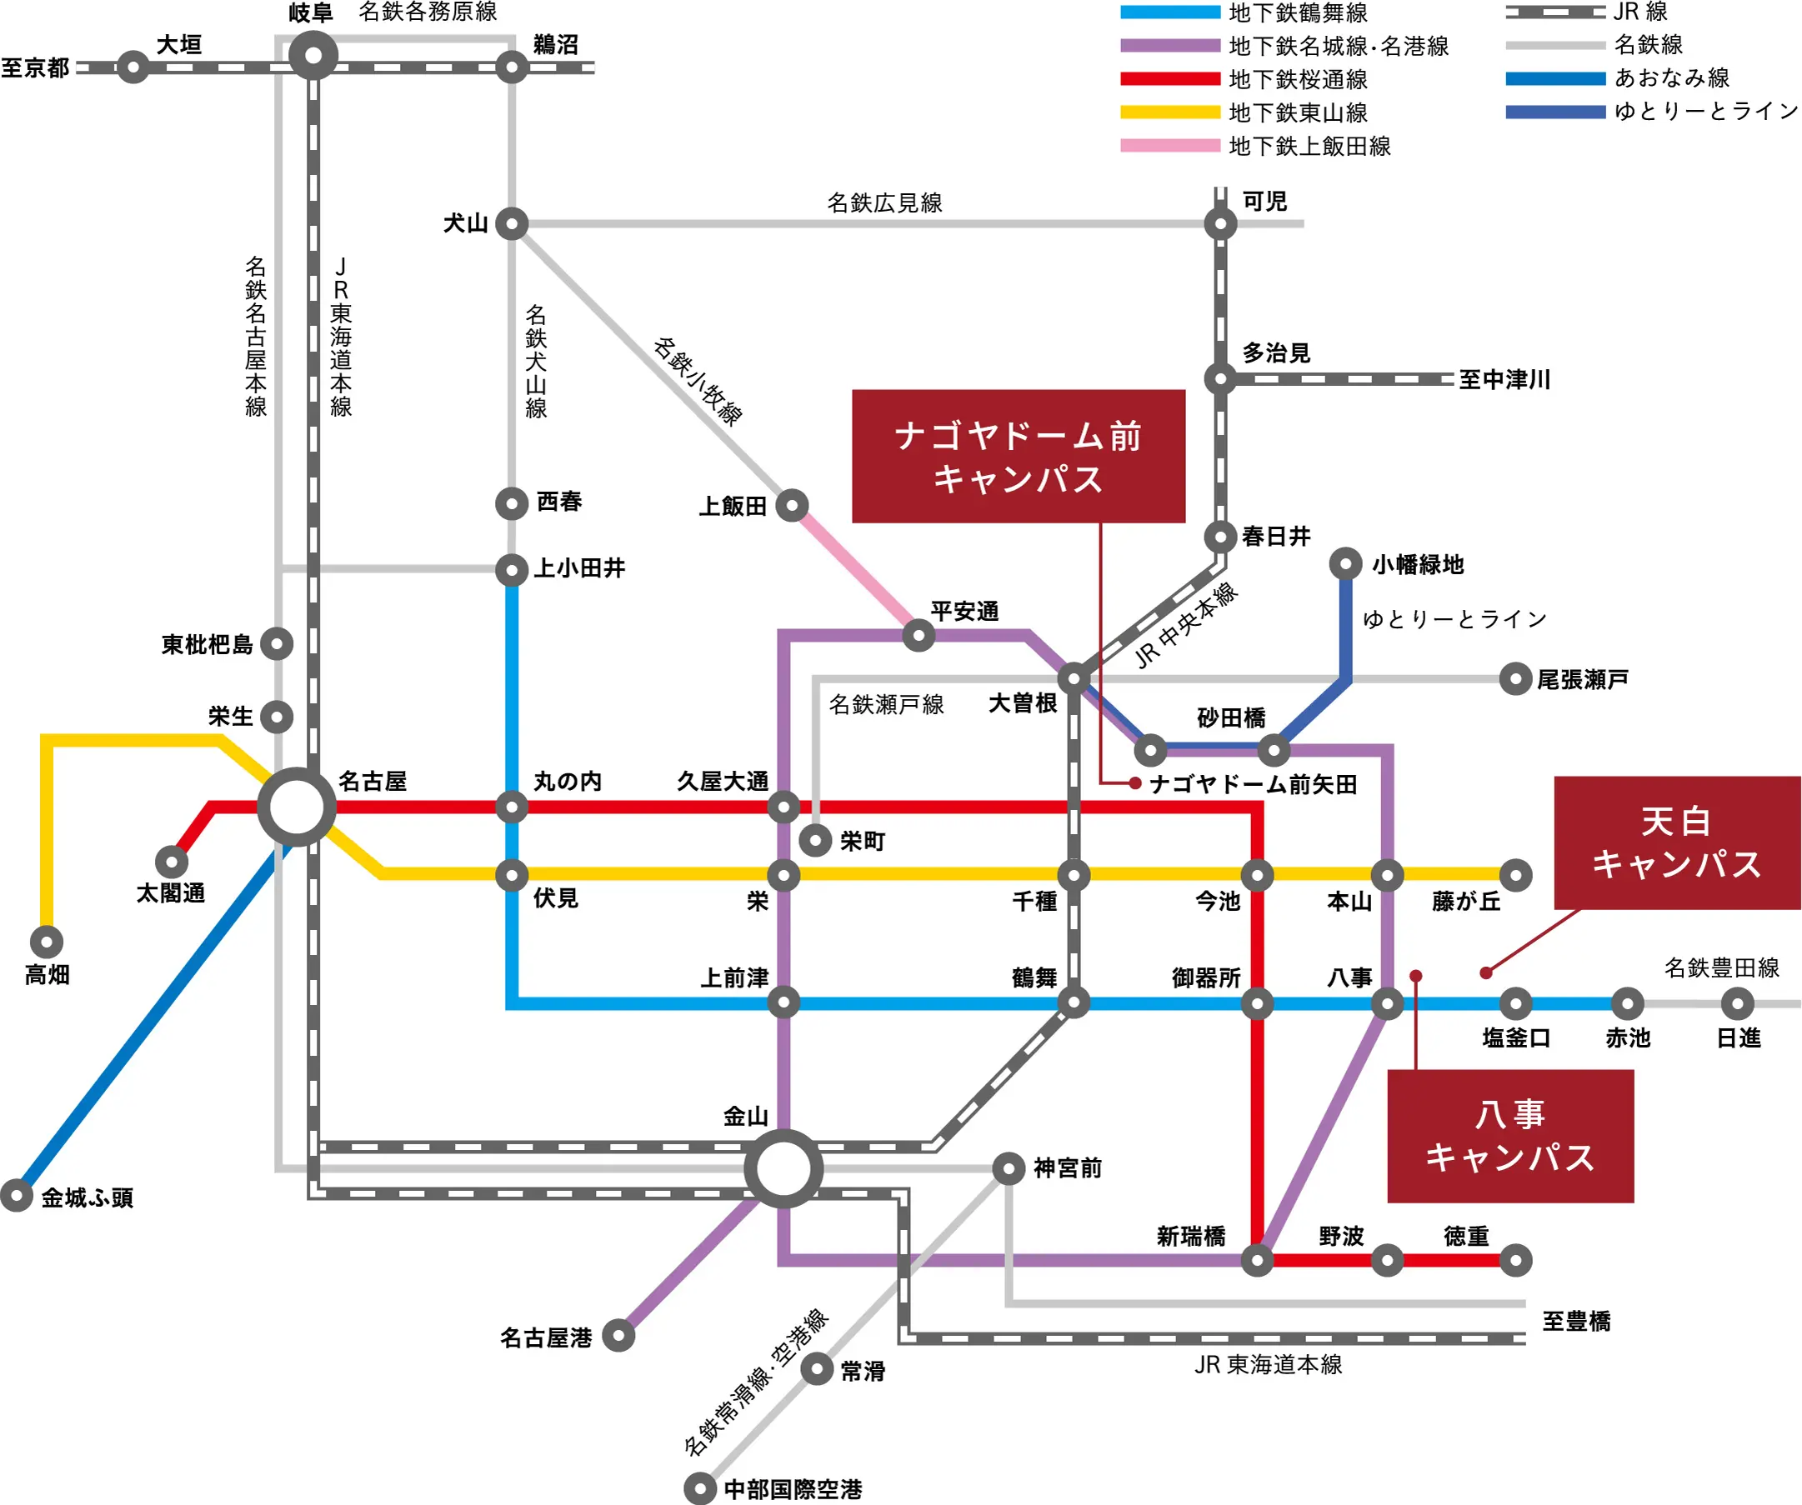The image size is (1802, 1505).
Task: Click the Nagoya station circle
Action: pos(297,807)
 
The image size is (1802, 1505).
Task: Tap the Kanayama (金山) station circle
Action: pos(783,1168)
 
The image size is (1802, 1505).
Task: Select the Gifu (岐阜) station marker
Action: pos(313,56)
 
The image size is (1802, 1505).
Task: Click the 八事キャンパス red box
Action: pos(1510,1136)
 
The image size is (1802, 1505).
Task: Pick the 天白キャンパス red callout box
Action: pos(1677,842)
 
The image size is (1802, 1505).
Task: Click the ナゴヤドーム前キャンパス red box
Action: pos(1019,457)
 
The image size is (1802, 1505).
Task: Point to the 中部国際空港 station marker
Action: pos(700,1488)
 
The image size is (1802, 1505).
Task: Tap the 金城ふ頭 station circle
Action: pos(17,1195)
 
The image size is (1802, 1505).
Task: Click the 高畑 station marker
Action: pos(48,942)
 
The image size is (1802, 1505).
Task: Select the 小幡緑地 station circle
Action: pos(1345,563)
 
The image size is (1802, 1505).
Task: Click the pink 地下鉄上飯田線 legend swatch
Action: pos(1169,146)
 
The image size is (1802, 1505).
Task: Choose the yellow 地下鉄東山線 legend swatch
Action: pos(1169,112)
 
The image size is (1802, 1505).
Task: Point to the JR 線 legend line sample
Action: pos(1554,12)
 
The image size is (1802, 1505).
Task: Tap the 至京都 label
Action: pos(35,67)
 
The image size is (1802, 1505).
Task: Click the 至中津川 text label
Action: pos(1505,379)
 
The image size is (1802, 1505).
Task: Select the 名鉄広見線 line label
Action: pos(884,203)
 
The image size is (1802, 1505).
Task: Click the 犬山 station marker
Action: pos(513,224)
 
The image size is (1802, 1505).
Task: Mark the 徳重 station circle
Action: pos(1515,1261)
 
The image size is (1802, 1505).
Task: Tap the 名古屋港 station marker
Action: pos(618,1335)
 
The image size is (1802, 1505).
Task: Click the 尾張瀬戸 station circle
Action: pos(1515,678)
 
